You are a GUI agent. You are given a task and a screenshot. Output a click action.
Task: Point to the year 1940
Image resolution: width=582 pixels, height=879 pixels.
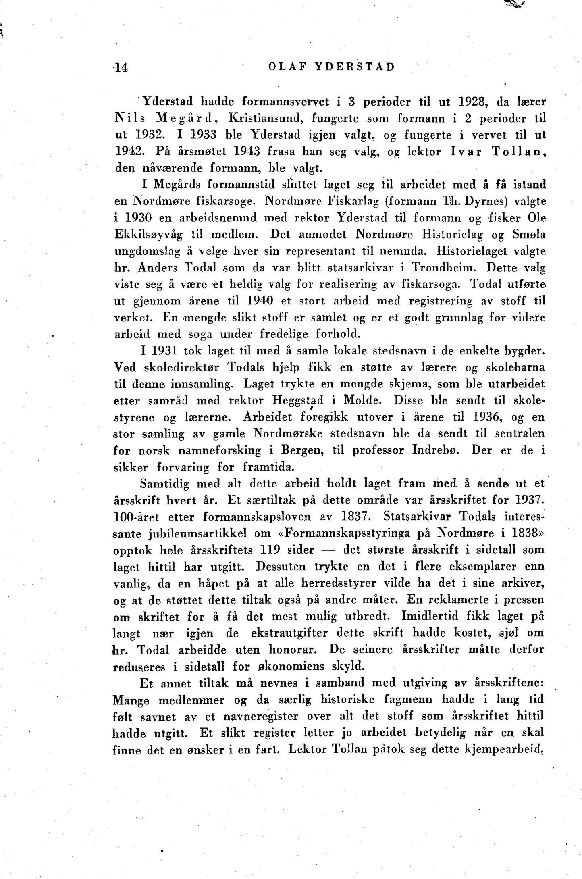(x=260, y=301)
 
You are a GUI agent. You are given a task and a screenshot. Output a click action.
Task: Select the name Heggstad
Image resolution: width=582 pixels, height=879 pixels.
(x=298, y=400)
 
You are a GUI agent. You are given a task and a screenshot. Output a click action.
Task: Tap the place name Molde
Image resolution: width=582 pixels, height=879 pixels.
(x=362, y=400)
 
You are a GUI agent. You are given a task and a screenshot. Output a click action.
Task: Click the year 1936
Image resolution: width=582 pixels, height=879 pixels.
(x=487, y=417)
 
